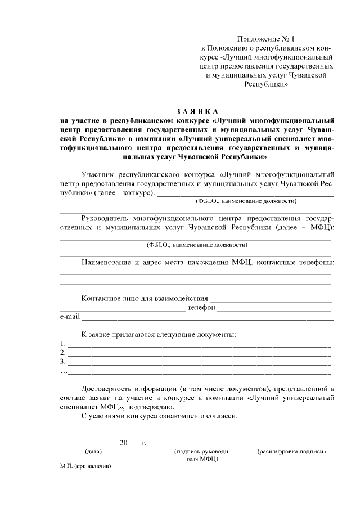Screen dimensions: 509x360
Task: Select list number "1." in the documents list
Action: click(x=63, y=343)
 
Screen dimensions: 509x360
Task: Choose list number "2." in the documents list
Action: click(x=63, y=353)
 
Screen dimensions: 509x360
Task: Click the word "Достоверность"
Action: click(x=110, y=388)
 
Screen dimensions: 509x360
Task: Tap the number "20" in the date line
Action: click(x=124, y=443)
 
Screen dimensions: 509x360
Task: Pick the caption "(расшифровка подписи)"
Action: click(x=291, y=451)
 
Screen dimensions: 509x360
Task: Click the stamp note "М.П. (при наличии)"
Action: click(x=86, y=467)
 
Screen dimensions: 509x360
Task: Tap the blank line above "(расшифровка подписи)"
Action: click(x=290, y=445)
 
